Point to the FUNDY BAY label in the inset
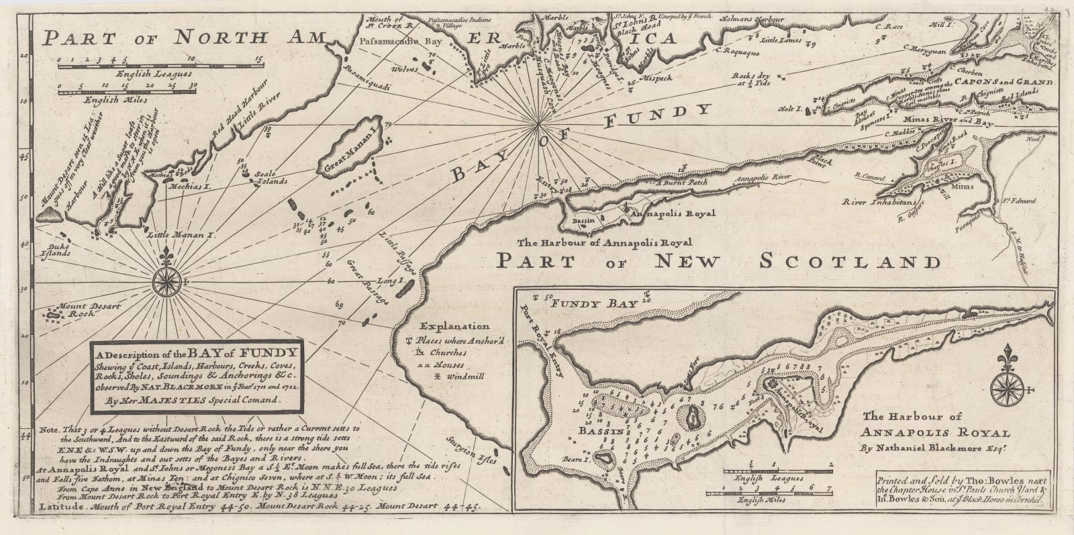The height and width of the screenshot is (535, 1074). [593, 304]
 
